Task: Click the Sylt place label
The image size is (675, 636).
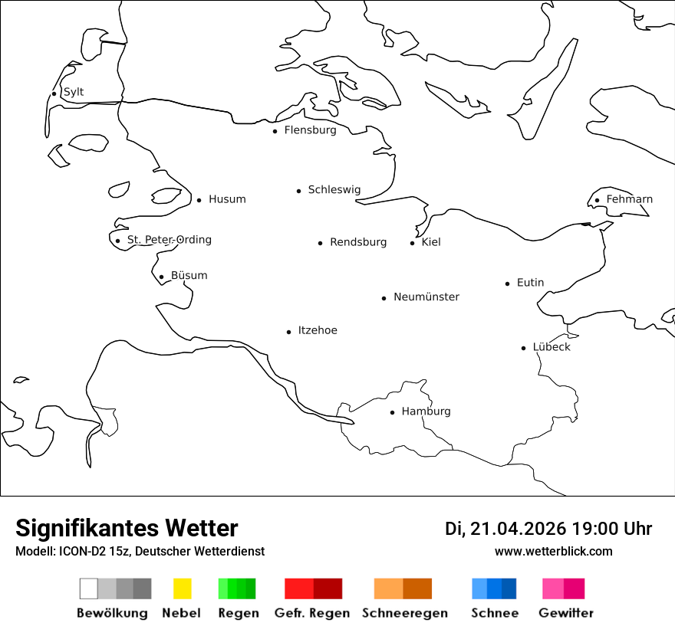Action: pos(74,92)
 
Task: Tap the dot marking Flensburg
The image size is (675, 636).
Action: pos(275,131)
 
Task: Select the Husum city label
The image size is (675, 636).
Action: pos(227,199)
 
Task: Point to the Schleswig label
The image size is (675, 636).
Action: pos(334,190)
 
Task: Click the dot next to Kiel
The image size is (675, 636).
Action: pos(412,243)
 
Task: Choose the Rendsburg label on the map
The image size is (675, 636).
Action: pos(358,242)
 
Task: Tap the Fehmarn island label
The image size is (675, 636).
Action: pos(629,199)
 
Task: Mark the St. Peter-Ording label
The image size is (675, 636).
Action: pos(169,240)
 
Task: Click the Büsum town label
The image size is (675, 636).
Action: pos(189,276)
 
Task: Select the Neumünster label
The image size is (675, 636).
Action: pos(426,297)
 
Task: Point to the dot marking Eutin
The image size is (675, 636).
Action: pos(507,284)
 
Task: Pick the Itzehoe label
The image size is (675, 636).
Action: pos(318,330)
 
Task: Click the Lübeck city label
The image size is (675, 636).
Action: pos(552,347)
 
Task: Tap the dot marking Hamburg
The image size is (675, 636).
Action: pos(392,412)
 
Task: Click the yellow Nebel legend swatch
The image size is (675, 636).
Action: pos(182,588)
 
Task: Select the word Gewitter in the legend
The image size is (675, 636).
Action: pos(566,613)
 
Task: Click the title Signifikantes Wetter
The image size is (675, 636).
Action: pos(127,529)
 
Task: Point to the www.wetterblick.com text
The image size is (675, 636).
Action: pos(554,551)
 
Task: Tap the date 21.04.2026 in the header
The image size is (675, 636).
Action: pos(518,529)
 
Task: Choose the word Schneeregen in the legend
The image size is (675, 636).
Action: pos(405,613)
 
